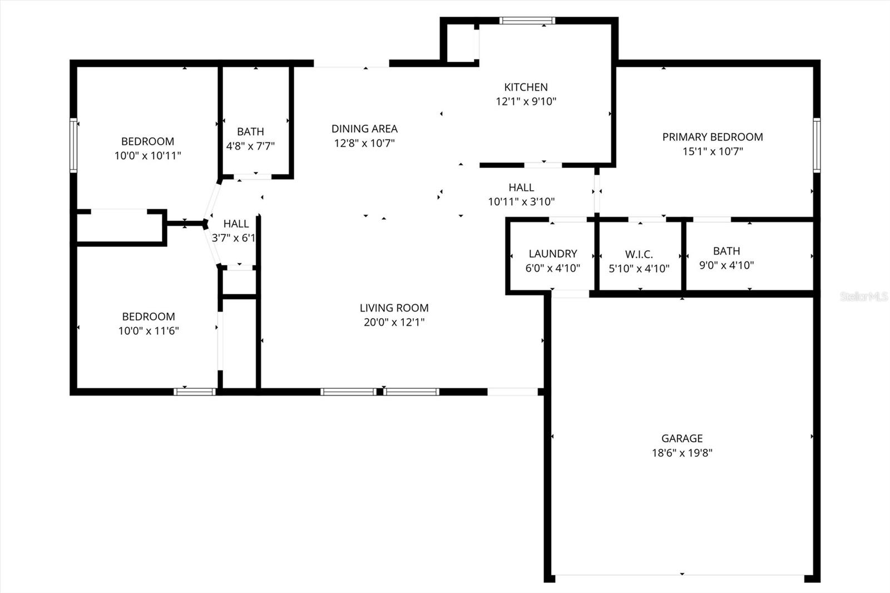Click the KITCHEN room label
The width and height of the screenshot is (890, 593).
click(526, 87)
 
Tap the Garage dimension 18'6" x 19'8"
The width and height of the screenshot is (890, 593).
click(682, 453)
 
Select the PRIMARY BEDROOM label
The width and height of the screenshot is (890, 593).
click(712, 137)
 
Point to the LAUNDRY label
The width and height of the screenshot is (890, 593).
click(552, 254)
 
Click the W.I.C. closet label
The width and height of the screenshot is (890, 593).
click(639, 255)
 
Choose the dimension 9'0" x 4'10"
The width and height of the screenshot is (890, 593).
click(726, 265)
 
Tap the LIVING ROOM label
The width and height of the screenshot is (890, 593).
click(394, 308)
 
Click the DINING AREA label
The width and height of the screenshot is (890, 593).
click(364, 129)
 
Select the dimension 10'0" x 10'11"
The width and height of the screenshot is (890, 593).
click(147, 156)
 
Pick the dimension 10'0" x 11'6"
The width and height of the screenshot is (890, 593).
click(149, 331)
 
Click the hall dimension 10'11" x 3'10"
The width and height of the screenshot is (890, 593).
click(521, 202)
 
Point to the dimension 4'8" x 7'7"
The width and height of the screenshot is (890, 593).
click(250, 146)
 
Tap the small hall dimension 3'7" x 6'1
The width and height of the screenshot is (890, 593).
click(234, 238)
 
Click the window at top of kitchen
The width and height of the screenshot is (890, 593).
click(527, 21)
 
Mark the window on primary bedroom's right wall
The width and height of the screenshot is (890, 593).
click(816, 145)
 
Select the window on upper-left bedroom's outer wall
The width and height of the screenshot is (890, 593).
click(73, 145)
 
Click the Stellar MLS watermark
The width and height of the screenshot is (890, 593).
click(863, 297)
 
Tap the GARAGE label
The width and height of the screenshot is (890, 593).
click(682, 438)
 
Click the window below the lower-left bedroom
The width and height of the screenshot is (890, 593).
click(194, 392)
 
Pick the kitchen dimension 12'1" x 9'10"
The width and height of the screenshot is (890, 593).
click(526, 102)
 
